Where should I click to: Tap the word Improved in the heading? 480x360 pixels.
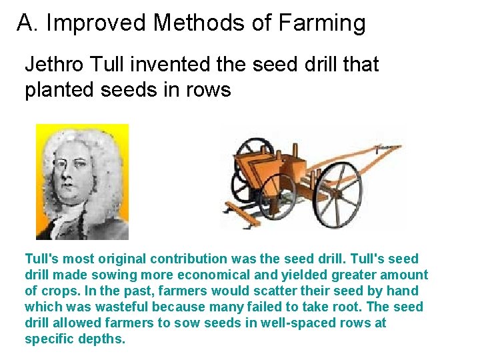[97, 23]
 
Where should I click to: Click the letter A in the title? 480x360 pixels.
[25, 23]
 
